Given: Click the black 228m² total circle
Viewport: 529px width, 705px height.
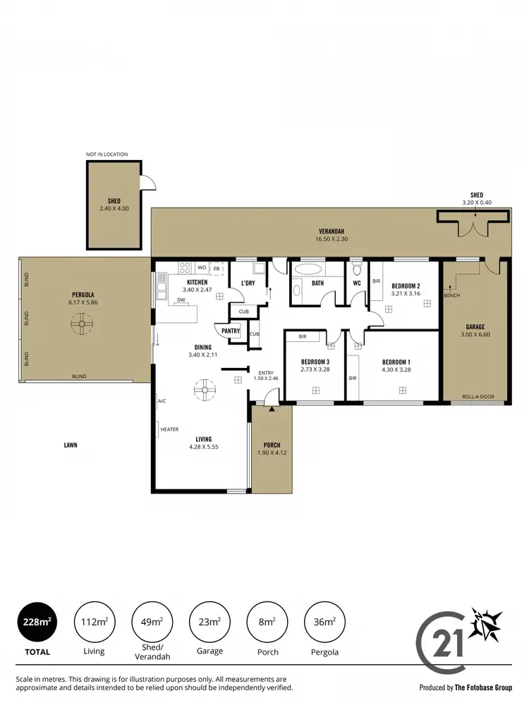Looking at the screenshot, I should click(37, 621).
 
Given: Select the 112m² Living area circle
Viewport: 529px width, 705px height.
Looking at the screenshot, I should click(94, 621).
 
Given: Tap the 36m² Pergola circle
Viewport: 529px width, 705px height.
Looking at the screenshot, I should click(324, 621).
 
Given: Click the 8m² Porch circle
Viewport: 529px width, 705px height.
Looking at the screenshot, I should click(267, 621).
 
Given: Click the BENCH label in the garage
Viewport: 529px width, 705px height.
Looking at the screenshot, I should click(452, 295).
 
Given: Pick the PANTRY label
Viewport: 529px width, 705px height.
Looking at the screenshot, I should click(231, 331).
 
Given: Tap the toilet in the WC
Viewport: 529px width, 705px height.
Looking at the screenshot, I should click(356, 270).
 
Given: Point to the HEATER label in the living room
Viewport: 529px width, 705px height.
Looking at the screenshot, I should click(169, 429).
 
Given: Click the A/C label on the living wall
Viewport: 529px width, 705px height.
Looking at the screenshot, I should click(162, 401).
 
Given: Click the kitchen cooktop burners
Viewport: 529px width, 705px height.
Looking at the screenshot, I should click(186, 268).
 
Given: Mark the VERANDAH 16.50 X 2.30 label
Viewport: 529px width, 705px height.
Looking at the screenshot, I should click(332, 235).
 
